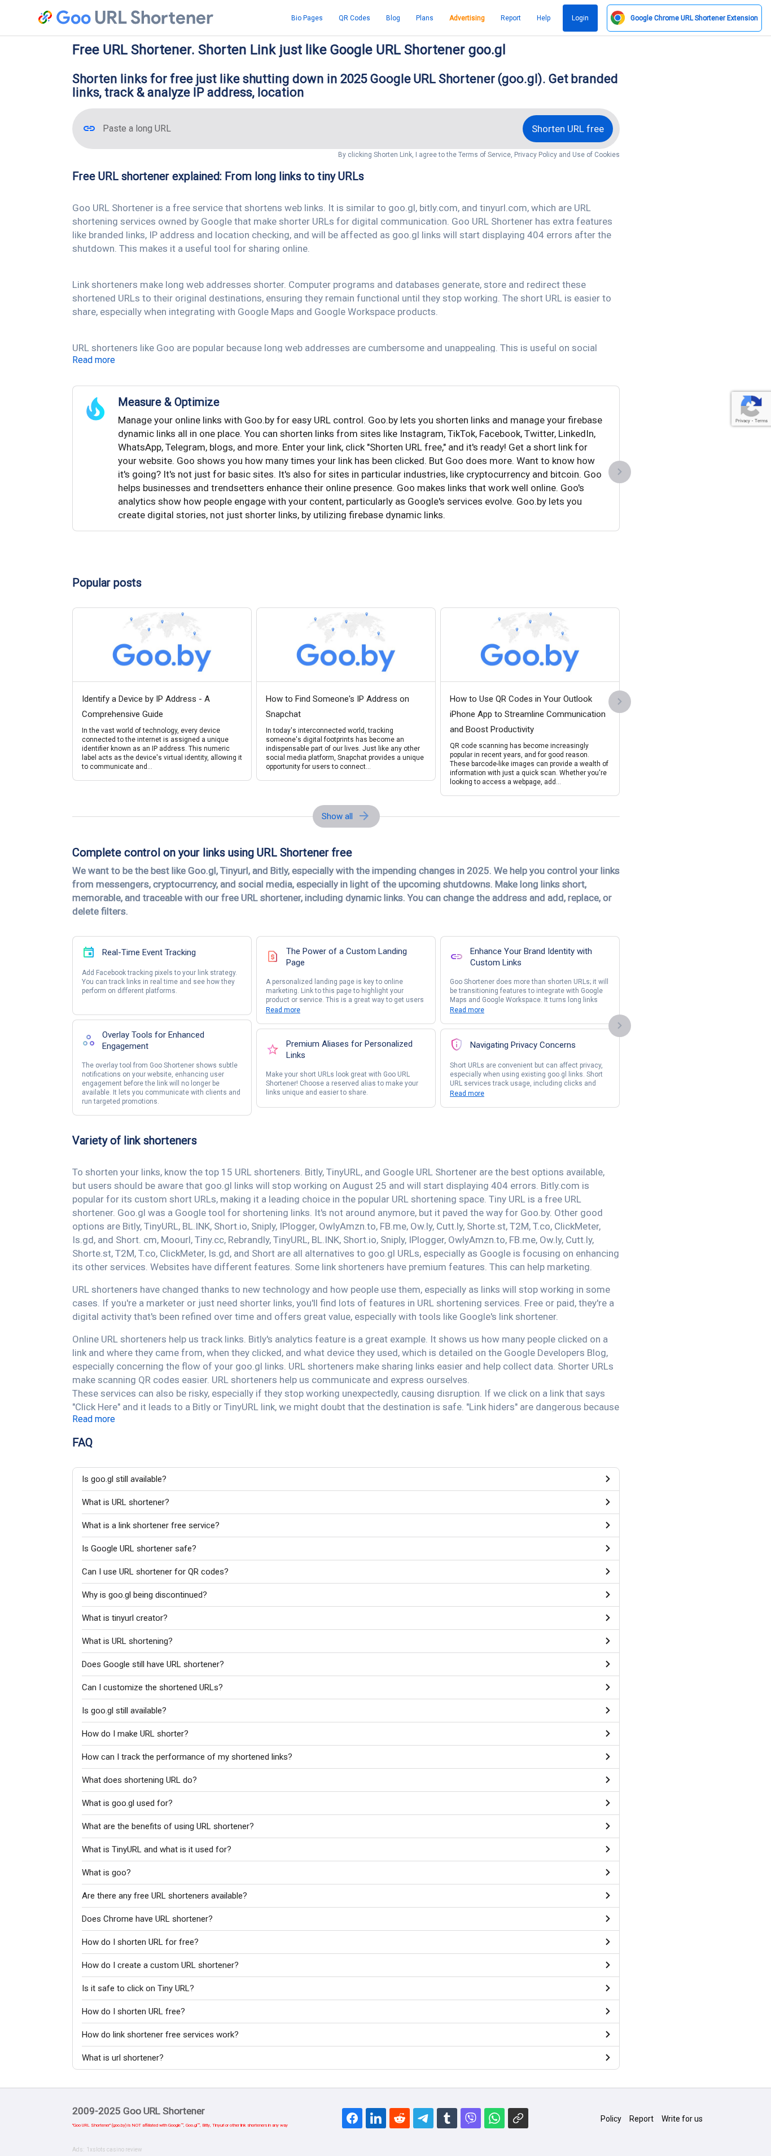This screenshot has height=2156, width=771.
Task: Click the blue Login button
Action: (579, 18)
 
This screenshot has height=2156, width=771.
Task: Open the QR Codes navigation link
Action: (354, 18)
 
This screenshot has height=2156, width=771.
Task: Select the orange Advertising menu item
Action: (466, 18)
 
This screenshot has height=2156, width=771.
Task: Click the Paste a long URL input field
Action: (301, 129)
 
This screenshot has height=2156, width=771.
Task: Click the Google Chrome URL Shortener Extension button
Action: (684, 18)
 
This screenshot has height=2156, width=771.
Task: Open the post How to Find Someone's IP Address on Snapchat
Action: (338, 706)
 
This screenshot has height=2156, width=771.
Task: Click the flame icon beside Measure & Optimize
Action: (95, 408)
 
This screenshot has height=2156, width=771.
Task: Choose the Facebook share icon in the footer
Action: (352, 2118)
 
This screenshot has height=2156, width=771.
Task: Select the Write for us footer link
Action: (681, 2118)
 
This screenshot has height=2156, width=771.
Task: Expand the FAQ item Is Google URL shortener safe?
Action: (139, 1549)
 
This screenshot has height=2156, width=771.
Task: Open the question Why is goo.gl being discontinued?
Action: (144, 1594)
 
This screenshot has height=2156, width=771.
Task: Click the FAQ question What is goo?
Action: (106, 1872)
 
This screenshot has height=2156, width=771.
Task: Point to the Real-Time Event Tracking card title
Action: (149, 952)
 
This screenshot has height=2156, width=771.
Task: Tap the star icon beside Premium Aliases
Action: (272, 1049)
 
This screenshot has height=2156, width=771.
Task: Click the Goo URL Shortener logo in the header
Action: (125, 18)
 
